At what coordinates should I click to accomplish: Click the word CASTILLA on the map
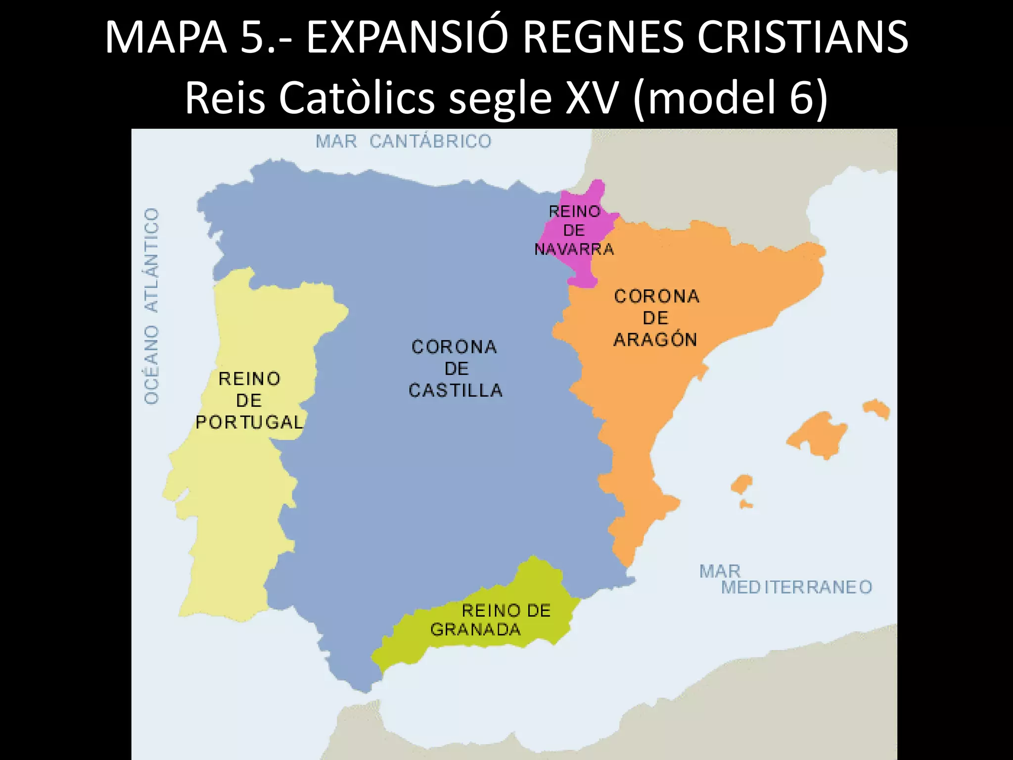[456, 390]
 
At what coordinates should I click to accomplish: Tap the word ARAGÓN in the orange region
[655, 339]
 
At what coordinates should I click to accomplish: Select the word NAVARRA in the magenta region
[574, 249]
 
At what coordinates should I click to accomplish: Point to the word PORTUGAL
[249, 422]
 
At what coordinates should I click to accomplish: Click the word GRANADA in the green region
[475, 629]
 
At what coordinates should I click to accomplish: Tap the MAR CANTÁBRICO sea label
[404, 142]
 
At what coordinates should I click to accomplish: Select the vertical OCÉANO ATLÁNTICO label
[152, 306]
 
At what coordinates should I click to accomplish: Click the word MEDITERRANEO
[796, 587]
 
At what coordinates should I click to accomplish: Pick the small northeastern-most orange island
[876, 409]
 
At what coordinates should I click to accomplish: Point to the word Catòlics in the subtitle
[357, 97]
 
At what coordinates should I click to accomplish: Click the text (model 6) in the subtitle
[730, 97]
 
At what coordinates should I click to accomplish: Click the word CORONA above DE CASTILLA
[454, 347]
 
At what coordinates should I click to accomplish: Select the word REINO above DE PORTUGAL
[249, 379]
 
